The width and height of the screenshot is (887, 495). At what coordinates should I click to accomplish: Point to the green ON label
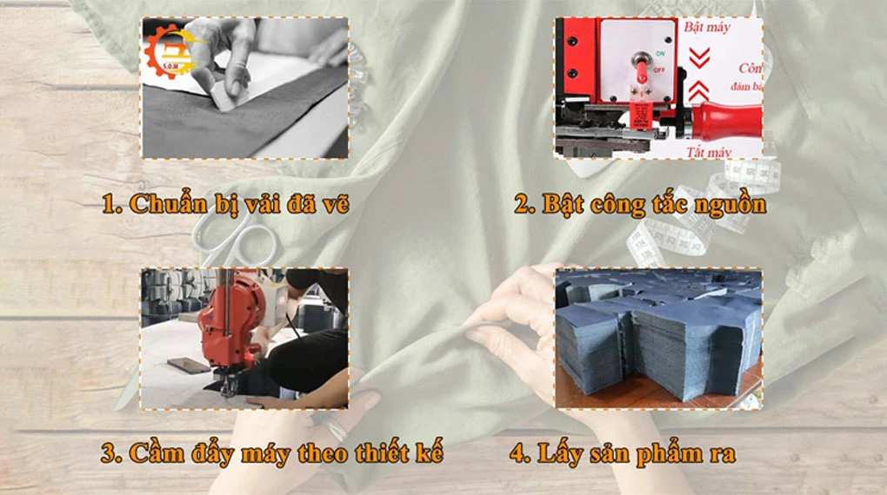[x=660, y=53]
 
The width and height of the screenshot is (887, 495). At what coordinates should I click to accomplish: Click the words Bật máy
[x=707, y=28]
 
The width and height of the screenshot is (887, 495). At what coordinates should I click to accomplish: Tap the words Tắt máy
[x=707, y=152]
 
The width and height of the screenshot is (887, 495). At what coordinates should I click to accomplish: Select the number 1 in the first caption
[x=109, y=205]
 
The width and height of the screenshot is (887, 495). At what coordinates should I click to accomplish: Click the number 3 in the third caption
[x=109, y=452]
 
